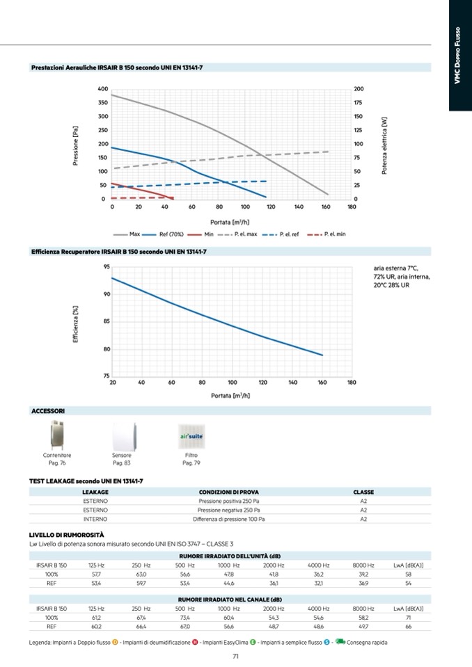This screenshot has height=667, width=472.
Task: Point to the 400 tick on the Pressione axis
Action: click(102, 89)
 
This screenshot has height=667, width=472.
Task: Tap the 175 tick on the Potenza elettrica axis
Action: click(359, 103)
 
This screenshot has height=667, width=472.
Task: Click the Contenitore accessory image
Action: click(57, 435)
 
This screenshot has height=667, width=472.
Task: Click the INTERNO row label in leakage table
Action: click(95, 519)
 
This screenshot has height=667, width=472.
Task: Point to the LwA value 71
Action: click(408, 617)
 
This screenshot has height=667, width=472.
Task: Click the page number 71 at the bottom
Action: click(236, 656)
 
